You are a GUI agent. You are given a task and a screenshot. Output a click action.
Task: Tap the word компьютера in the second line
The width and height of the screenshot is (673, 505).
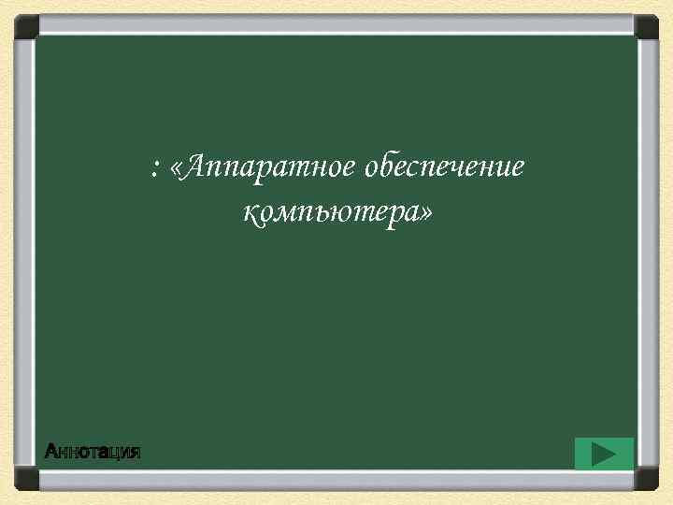click(x=330, y=214)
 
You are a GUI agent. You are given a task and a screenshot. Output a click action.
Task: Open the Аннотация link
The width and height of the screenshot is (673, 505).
click(x=93, y=453)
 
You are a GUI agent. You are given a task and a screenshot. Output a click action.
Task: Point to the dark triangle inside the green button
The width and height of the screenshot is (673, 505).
click(x=604, y=454)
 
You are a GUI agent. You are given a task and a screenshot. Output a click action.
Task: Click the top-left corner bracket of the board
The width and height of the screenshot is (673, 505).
click(x=25, y=25)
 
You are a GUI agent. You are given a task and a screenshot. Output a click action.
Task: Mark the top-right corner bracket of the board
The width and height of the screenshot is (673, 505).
click(x=647, y=25)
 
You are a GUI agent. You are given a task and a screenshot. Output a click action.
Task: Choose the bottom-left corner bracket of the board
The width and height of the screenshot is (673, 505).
click(x=25, y=479)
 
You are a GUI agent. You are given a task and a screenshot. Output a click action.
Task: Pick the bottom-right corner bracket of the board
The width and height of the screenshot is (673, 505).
click(x=647, y=479)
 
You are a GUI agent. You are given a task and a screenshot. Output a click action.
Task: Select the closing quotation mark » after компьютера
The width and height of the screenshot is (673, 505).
click(x=426, y=216)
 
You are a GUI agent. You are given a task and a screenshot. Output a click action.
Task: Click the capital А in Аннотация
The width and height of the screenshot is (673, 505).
click(x=52, y=453)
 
